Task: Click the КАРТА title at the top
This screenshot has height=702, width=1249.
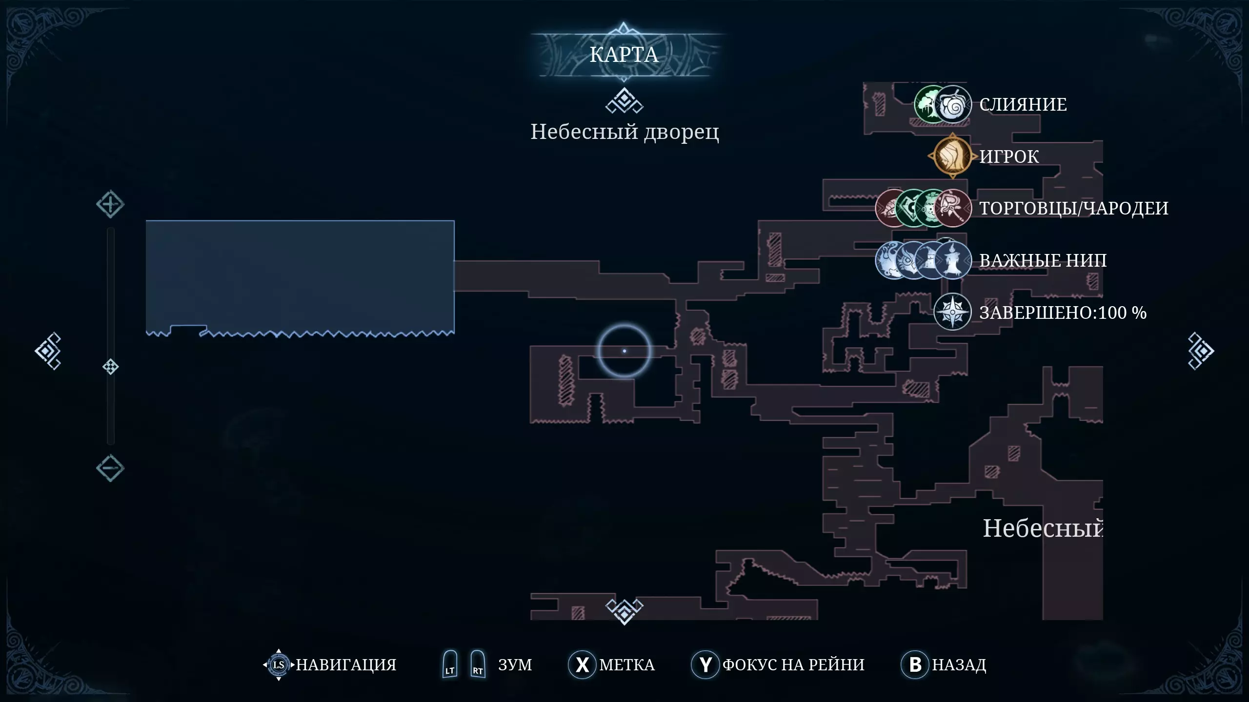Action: (624, 55)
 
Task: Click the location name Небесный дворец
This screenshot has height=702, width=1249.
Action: (624, 132)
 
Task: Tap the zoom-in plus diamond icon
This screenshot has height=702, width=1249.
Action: (110, 204)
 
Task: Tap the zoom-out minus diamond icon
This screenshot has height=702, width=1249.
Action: (110, 468)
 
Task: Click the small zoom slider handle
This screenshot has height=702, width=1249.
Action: (110, 367)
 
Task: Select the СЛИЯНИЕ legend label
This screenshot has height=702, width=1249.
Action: (1023, 104)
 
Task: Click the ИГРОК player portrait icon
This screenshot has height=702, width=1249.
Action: (952, 156)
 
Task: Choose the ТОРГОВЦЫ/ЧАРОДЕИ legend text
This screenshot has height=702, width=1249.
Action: (1074, 208)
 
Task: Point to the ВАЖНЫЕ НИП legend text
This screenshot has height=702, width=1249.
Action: (1043, 260)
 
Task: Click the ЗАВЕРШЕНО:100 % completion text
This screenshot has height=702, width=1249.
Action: (1063, 312)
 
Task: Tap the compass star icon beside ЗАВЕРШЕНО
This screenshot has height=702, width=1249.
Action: (952, 312)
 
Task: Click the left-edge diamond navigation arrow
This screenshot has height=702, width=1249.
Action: (48, 351)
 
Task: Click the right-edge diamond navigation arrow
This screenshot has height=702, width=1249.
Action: (1201, 351)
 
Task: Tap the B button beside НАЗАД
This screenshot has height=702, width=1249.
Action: (915, 664)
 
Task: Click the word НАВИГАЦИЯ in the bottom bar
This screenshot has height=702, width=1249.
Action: (346, 665)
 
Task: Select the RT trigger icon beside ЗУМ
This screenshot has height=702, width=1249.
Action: (478, 664)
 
